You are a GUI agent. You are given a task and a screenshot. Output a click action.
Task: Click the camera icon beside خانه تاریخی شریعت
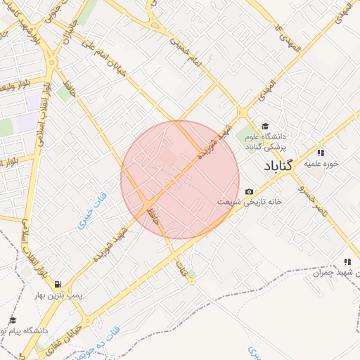click(x=249, y=192)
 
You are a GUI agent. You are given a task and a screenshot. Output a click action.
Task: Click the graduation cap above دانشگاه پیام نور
click(x=12, y=320)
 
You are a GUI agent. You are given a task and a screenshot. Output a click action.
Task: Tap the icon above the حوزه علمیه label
click(x=321, y=152)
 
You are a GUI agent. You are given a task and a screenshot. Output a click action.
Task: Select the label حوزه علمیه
click(x=321, y=163)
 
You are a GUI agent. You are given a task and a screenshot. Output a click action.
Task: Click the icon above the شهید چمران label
click(x=347, y=261)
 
